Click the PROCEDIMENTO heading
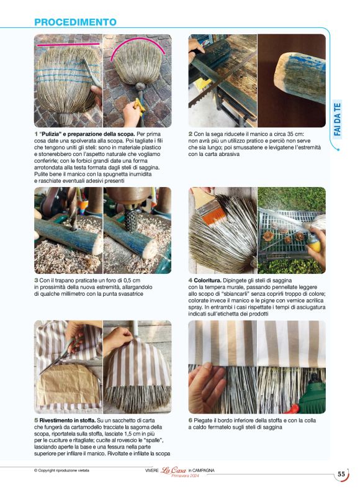pyautogui.click(x=75, y=22)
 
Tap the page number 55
pyautogui.click(x=341, y=474)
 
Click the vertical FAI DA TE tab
pyautogui.click(x=337, y=119)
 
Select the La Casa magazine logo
pyautogui.click(x=174, y=470)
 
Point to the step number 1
pyautogui.click(x=36, y=134)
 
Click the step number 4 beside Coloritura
pyautogui.click(x=191, y=281)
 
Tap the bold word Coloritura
pyautogui.click(x=207, y=281)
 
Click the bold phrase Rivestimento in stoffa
pyautogui.click(x=68, y=421)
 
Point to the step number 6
pyautogui.click(x=191, y=421)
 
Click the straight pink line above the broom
pyautogui.click(x=68, y=45)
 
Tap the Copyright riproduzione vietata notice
pyautogui.click(x=61, y=471)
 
